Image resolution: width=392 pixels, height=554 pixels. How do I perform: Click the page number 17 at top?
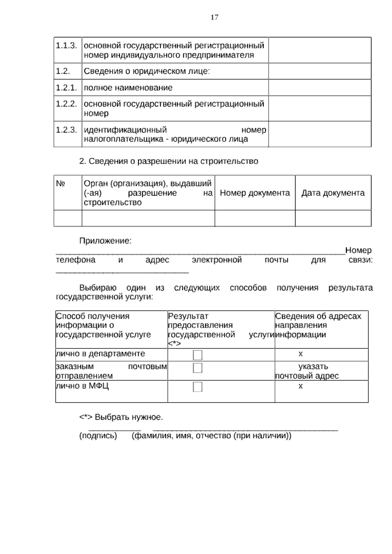point(214,18)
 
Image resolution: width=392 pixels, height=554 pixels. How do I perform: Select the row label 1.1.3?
point(66,45)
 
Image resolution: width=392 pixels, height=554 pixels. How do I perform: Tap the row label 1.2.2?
point(66,104)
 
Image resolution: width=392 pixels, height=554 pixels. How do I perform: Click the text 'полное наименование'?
point(128,88)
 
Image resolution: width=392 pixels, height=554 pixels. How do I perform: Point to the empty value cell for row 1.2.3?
point(319,134)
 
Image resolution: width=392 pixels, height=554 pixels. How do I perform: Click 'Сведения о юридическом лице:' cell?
point(147,71)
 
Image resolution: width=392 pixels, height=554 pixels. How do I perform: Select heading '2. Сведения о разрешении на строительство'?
point(169,161)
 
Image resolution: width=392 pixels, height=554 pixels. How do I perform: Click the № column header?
point(61,184)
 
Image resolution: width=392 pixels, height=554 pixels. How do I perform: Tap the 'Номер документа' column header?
point(255,193)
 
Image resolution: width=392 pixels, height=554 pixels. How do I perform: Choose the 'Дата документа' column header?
point(333,193)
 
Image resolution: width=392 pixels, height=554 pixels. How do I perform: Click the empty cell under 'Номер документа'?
point(255,218)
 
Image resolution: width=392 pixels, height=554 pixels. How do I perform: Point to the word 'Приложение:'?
point(105,241)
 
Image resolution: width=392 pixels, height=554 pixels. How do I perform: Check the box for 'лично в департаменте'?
point(198,355)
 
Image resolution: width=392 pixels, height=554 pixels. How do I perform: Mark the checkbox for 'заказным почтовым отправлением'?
point(198,368)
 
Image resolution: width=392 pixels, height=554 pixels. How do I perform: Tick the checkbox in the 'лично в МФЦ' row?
point(198,387)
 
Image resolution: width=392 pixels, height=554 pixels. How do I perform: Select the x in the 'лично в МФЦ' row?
point(301,386)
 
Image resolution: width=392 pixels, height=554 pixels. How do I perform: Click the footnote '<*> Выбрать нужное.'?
point(121,417)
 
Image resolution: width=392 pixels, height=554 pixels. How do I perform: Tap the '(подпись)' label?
point(98,435)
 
